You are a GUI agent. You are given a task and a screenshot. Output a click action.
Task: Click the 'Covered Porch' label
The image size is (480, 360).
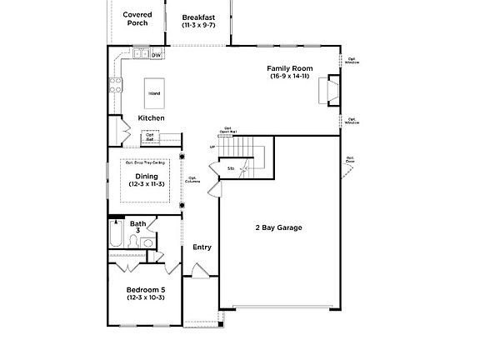tap(137, 18)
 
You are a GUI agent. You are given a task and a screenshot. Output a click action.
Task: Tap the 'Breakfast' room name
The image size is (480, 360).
tap(199, 17)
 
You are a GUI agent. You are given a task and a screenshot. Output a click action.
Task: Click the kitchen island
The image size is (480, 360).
tap(155, 92)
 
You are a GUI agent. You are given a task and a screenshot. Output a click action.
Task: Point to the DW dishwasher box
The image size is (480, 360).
tap(156, 55)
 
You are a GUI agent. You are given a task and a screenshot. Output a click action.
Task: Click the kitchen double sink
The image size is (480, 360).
tap(140, 55)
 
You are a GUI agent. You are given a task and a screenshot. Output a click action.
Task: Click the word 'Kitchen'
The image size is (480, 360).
tap(151, 118)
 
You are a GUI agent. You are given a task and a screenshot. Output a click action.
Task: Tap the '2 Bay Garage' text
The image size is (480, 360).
tap(278, 227)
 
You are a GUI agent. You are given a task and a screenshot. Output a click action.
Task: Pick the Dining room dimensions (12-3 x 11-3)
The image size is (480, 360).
tap(146, 184)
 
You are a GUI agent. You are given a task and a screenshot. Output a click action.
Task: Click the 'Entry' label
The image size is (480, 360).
tap(202, 247)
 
